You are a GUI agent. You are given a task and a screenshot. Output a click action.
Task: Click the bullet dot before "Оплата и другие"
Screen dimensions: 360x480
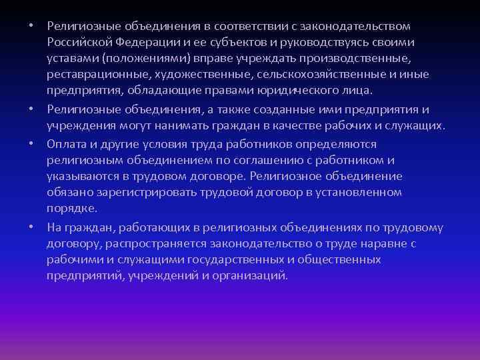[x=31, y=144]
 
